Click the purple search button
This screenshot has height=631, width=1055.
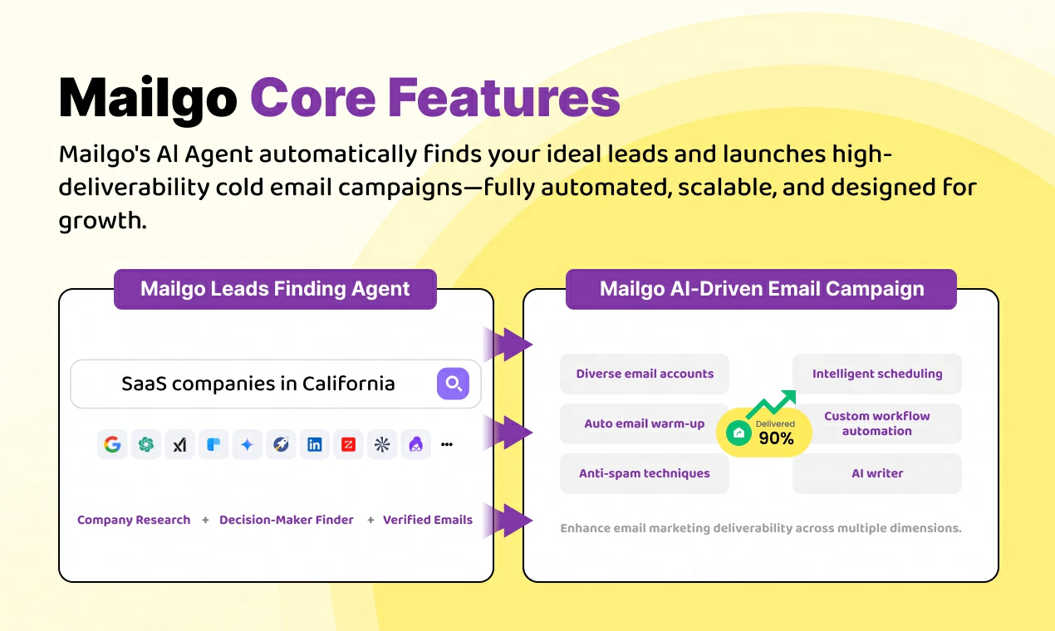453,384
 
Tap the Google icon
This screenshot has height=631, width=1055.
112,444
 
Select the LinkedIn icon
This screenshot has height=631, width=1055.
315,444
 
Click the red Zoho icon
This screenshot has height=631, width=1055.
349,444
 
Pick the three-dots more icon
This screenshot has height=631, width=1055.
447,444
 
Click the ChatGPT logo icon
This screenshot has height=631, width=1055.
146,444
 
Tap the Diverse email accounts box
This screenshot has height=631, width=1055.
645,374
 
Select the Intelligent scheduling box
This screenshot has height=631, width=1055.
877,374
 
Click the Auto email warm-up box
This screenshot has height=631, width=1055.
645,423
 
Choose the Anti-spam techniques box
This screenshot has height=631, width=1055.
645,474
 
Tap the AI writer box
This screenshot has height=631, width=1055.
877,474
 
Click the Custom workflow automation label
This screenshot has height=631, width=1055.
877,423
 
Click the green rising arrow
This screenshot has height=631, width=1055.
771,404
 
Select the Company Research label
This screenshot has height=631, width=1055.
134,520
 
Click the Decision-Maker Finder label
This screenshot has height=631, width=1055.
287,520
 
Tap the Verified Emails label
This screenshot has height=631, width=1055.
428,520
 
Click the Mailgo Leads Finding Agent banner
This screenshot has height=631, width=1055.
275,289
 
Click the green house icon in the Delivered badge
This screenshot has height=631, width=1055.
738,433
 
